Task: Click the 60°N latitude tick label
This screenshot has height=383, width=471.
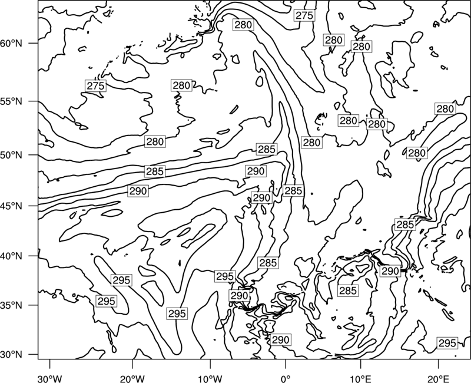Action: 11,44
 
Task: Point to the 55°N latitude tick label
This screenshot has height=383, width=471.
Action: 11,101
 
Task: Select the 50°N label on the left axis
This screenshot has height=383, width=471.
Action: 11,156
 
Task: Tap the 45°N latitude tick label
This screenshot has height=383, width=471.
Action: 11,206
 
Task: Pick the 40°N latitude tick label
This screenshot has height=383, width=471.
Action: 11,256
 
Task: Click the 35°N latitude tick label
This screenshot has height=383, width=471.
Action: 11,305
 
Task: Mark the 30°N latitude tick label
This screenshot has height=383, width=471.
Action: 11,355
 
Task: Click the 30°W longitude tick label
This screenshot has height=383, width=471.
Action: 50,377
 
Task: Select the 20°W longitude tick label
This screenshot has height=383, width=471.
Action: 132,377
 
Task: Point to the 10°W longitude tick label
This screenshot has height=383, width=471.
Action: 210,377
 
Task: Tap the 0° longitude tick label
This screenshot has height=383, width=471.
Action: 286,377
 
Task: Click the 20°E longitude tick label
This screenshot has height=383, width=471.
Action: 438,377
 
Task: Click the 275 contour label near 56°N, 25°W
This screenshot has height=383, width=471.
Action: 96,86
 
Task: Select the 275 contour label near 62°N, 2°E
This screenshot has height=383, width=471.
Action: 304,15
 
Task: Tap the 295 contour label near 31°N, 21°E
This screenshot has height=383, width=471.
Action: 447,343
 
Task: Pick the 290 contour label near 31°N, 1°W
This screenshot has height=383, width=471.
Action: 280,340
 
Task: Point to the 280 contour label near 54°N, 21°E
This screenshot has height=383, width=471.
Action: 445,109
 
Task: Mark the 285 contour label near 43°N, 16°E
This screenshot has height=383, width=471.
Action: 405,224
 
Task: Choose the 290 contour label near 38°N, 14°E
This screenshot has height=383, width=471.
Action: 390,271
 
